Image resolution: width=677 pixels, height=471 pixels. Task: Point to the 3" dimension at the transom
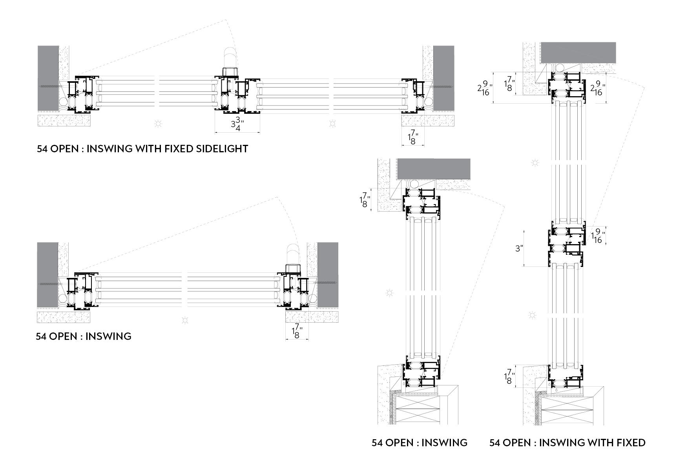point(519,248)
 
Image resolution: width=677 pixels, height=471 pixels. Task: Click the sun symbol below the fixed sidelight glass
point(332,124)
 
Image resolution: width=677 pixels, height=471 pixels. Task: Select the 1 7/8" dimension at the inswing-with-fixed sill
point(509,376)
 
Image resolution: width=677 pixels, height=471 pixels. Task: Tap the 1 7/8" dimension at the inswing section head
point(365,200)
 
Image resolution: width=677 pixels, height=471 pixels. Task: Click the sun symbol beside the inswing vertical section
point(389,293)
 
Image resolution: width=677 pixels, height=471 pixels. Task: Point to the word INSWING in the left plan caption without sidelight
point(108,336)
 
